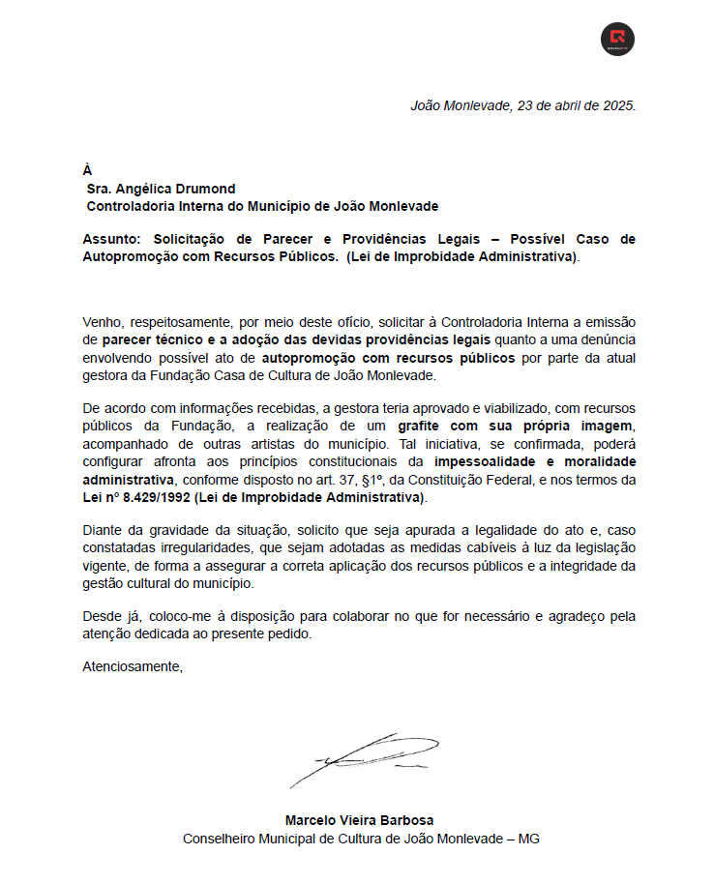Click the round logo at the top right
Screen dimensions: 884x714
[x=617, y=40]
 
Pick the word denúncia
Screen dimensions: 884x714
[x=607, y=340]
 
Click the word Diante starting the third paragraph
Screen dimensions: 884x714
[x=103, y=530]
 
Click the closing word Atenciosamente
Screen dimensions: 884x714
[x=132, y=666]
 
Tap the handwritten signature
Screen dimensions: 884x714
[x=363, y=757]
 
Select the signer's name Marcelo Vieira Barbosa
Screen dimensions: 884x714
[x=360, y=821]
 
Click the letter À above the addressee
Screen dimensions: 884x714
[x=88, y=170]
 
